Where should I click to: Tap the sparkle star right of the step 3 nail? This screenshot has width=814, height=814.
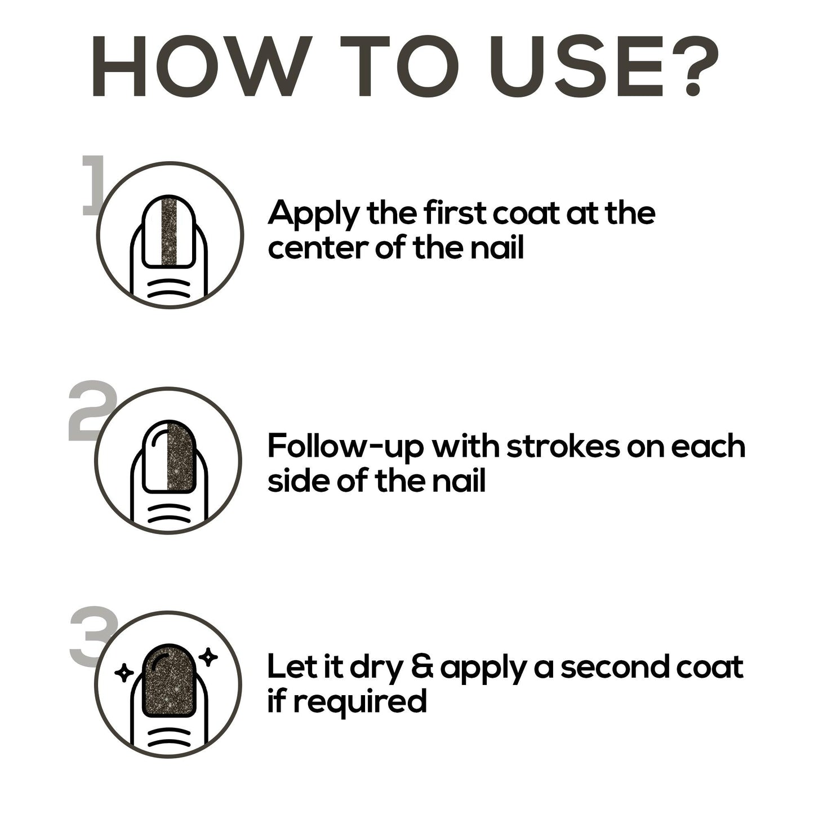[208, 657]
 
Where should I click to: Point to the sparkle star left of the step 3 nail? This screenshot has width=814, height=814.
[124, 673]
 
